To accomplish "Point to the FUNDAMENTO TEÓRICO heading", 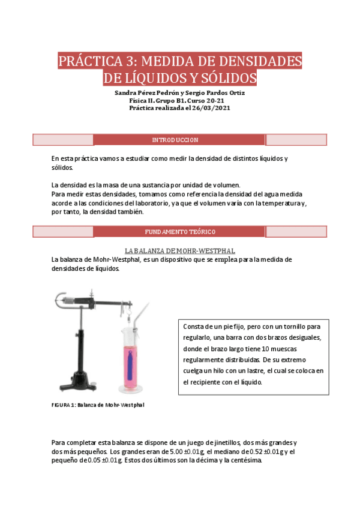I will point(180,232).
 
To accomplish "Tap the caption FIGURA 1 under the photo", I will point(62,405).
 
